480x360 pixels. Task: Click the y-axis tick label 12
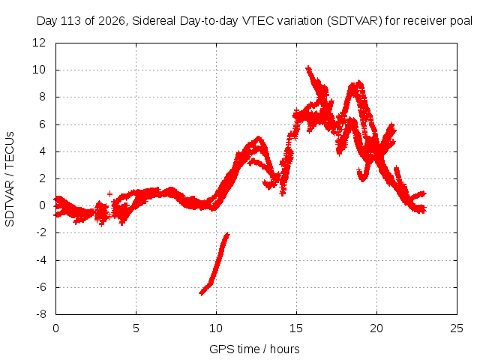click(39, 43)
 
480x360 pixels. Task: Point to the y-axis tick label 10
click(39, 70)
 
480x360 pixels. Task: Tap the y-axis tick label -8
click(40, 314)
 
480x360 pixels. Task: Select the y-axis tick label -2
click(40, 232)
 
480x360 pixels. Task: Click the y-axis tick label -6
click(40, 287)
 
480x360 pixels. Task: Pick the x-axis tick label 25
click(457, 328)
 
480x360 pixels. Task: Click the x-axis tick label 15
click(296, 328)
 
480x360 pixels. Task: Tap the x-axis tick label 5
click(136, 328)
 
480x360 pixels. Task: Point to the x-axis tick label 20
click(376, 328)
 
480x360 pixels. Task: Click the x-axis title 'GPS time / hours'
click(254, 349)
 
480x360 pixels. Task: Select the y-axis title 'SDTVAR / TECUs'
click(10, 179)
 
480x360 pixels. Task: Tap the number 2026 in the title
click(112, 21)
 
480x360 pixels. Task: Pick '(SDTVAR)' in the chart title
click(354, 21)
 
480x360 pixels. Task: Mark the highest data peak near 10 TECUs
click(308, 68)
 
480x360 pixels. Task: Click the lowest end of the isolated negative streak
click(201, 293)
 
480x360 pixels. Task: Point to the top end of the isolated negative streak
click(227, 235)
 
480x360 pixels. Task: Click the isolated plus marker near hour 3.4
click(109, 193)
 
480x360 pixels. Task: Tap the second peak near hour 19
click(358, 83)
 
